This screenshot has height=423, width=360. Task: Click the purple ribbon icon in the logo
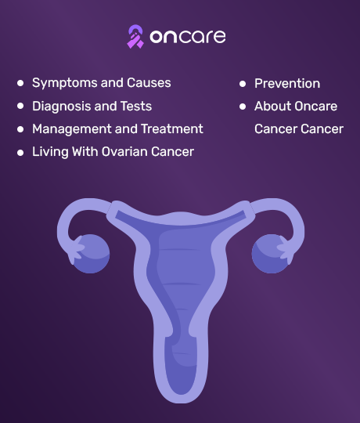click(135, 37)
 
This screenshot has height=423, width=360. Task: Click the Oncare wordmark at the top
click(188, 37)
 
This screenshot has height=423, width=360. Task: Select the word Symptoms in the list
click(65, 83)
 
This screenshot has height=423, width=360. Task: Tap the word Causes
click(149, 82)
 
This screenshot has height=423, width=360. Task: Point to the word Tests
click(136, 106)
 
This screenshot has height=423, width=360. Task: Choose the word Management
click(72, 129)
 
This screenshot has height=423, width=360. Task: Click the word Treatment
click(172, 128)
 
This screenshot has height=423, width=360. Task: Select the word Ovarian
click(124, 152)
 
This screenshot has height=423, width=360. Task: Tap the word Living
click(50, 152)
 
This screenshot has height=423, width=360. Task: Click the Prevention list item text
click(287, 83)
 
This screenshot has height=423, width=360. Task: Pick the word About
click(273, 106)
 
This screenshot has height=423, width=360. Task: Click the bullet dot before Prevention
click(243, 84)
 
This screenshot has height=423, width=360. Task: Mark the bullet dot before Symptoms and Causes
click(20, 83)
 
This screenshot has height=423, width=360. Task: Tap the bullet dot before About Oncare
click(243, 107)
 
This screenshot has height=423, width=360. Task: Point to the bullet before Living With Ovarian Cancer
click(20, 153)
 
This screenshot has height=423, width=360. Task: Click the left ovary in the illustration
click(91, 254)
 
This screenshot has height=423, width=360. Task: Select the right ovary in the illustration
click(271, 254)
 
